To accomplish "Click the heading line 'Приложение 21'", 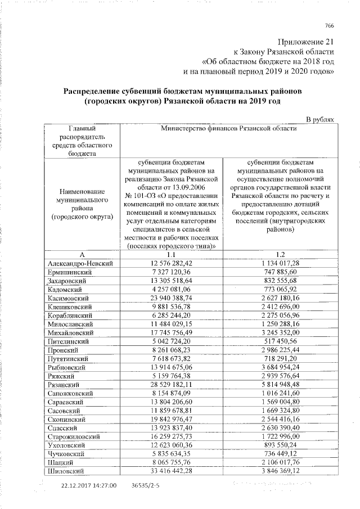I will pos(307,43).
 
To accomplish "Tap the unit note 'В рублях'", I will pos(319,119).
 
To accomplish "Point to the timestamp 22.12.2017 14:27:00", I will pos(90,485).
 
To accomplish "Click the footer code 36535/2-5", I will pos(145,485).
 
